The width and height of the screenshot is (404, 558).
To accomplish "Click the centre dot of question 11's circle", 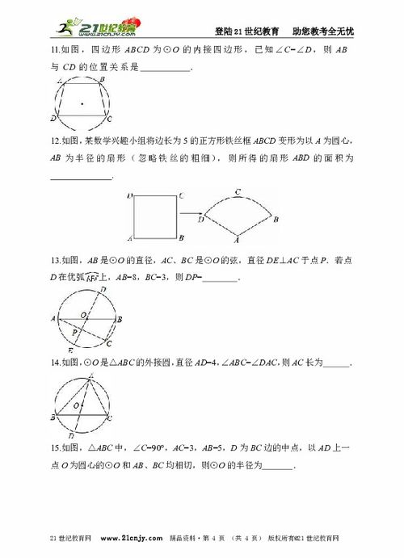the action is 82,103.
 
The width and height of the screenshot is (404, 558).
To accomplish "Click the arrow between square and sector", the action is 191,216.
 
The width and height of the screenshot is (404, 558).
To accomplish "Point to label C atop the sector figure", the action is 238,192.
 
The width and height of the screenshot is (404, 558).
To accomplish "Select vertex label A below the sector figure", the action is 237,240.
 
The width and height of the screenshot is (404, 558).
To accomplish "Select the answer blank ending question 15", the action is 280,467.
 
